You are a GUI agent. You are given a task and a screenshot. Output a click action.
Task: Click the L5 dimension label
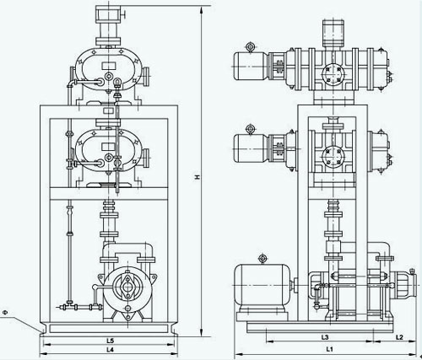[x=110, y=341]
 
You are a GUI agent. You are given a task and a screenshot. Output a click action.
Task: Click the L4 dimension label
[x=110, y=350]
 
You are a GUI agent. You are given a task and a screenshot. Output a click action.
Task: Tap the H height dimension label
[x=197, y=177]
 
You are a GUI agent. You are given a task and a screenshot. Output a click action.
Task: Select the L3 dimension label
[x=325, y=337]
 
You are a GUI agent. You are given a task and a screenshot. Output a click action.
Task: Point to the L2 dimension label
[x=399, y=337]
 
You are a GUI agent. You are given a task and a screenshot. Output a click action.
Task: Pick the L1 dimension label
[x=329, y=349]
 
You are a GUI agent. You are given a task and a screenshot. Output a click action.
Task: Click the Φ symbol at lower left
[x=5, y=312]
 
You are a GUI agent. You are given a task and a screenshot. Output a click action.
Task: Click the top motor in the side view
[x=251, y=67]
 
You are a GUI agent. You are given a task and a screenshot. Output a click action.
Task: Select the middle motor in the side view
[x=252, y=148]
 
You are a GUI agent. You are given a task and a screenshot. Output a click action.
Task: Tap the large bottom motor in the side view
[x=262, y=285]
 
